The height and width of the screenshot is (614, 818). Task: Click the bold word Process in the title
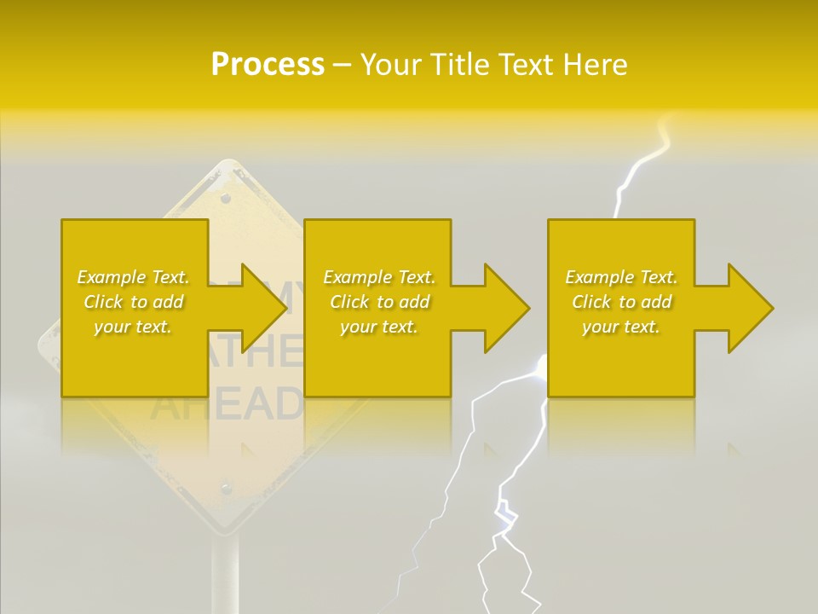[268, 65]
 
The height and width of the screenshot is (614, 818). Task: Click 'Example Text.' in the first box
[134, 277]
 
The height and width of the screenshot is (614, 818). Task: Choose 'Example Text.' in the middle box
[379, 277]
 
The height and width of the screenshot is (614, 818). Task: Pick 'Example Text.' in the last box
[621, 277]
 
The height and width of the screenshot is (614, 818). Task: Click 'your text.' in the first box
[133, 327]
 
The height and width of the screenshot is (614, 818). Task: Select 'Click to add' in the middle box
[379, 302]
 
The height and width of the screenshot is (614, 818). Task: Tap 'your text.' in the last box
[621, 327]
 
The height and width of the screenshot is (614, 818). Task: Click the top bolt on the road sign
[226, 199]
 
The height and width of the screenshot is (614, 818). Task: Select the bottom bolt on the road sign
[226, 488]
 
